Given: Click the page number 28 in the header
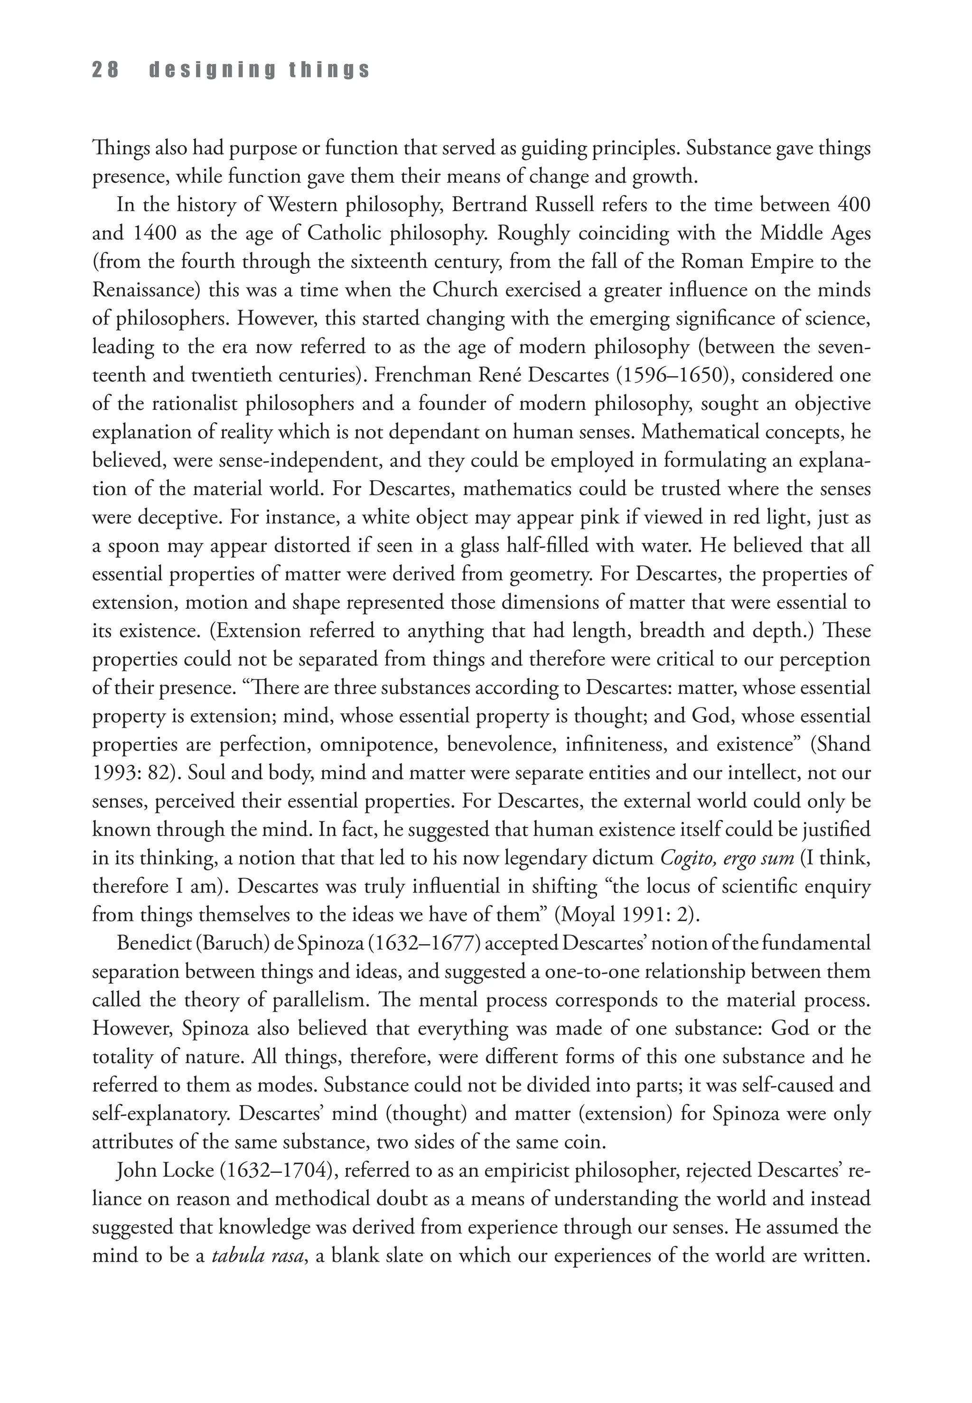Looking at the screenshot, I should click(105, 71).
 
